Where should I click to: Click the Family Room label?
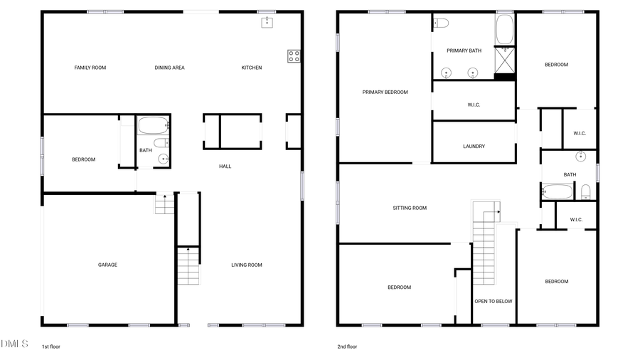pyautogui.click(x=90, y=68)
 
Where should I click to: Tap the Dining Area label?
pyautogui.click(x=169, y=68)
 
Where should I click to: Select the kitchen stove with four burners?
pyautogui.click(x=294, y=56)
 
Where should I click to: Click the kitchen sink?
pyautogui.click(x=267, y=22)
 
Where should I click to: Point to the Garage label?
pyautogui.click(x=107, y=265)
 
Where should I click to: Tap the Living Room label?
pyautogui.click(x=247, y=265)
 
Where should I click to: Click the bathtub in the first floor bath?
pyautogui.click(x=152, y=126)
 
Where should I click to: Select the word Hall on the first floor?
pyautogui.click(x=225, y=166)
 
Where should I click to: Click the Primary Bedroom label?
pyautogui.click(x=385, y=92)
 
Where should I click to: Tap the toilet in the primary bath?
pyautogui.click(x=441, y=23)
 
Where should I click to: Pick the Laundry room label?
pyautogui.click(x=474, y=147)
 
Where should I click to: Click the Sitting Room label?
pyautogui.click(x=410, y=208)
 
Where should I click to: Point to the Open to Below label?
pyautogui.click(x=494, y=301)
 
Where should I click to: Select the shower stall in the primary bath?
pyautogui.click(x=505, y=60)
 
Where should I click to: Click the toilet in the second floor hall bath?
pyautogui.click(x=585, y=191)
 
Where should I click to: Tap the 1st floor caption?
pyautogui.click(x=51, y=346)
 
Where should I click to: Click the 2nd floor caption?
pyautogui.click(x=347, y=346)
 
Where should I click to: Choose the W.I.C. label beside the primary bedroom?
pyautogui.click(x=474, y=105)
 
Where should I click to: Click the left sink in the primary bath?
pyautogui.click(x=447, y=72)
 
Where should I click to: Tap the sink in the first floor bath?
pyautogui.click(x=164, y=159)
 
